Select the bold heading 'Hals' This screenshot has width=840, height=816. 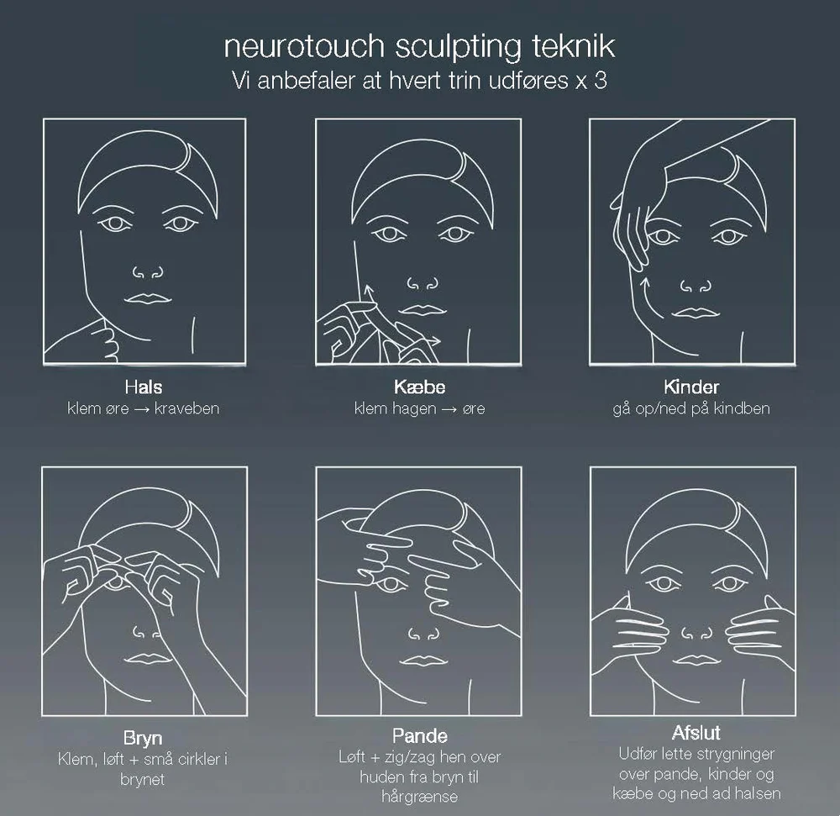click(x=144, y=387)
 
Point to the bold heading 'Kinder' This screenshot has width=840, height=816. click(x=691, y=387)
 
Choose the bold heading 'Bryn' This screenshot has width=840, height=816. click(x=144, y=740)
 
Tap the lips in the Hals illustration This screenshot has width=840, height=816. click(x=148, y=298)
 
